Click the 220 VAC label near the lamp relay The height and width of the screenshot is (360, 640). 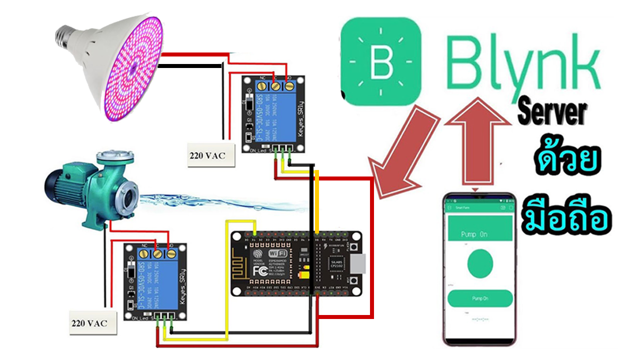point(207,155)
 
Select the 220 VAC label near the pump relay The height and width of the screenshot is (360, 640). point(88,323)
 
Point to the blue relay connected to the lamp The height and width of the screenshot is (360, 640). point(273,114)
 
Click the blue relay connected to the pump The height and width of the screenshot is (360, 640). point(155,281)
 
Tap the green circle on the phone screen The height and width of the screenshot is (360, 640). point(480,264)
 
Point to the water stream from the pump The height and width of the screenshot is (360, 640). point(220,202)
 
